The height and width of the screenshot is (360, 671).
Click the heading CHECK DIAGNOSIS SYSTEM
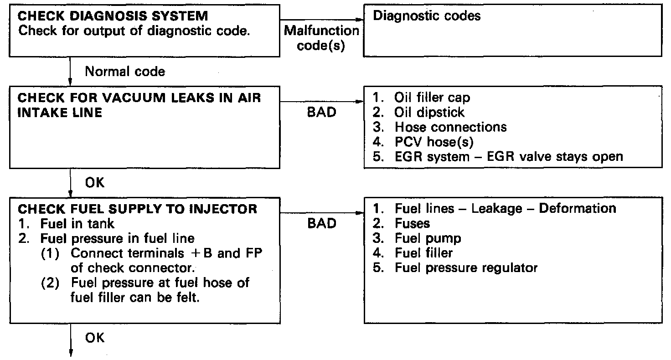point(113,16)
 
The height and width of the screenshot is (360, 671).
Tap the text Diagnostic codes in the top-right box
point(427,16)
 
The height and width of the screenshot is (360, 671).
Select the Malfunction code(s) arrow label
point(321,38)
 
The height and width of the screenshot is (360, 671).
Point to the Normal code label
point(125,72)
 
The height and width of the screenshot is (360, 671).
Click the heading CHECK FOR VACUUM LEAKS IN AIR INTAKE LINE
point(139,105)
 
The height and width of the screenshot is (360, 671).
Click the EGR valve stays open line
point(508,157)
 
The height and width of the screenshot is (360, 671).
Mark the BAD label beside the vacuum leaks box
point(321,112)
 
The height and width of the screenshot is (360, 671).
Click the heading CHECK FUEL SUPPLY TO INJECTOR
point(137,209)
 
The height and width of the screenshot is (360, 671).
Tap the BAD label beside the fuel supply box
point(321,223)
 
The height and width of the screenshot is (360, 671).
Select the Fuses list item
point(413,223)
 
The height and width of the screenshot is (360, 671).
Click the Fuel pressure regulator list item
point(466,267)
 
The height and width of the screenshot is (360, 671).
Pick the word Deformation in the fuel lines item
point(578,209)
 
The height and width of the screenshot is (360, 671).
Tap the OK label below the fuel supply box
point(95,338)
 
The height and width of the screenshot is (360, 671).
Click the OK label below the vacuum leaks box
point(95,183)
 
